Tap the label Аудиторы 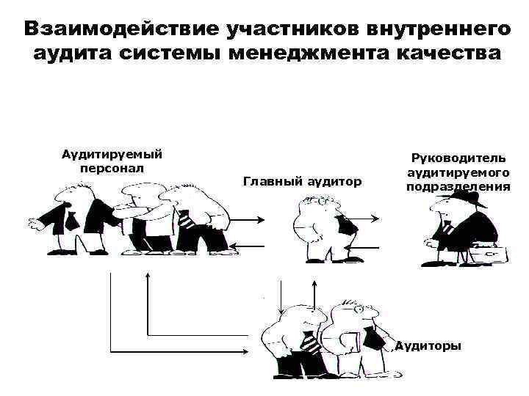coord(428,345)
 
